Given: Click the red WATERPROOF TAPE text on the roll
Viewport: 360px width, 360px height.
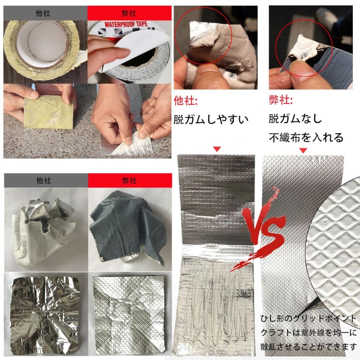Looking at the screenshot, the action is tap(126, 24).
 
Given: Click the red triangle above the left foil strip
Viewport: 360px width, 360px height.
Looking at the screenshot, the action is tap(217, 149).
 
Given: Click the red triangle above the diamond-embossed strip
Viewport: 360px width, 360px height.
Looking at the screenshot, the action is tap(303, 150).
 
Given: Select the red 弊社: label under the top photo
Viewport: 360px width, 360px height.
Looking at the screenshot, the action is tap(281, 100).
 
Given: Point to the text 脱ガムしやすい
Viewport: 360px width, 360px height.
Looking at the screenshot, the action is tap(211, 119).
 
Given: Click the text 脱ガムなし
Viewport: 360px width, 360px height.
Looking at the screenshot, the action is tap(295, 119).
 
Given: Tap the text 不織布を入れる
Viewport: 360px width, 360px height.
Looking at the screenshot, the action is tap(306, 138).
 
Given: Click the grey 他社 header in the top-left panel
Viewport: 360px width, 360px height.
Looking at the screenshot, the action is tap(45, 13).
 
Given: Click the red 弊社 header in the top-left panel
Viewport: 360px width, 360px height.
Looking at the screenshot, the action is tap(130, 13).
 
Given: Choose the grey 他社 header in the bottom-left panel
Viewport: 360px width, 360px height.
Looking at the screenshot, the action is tap(46, 181).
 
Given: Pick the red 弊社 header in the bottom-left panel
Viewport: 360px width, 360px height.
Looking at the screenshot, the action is tap(130, 181).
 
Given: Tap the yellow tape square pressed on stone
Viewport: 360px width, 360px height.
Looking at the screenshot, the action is tap(49, 112).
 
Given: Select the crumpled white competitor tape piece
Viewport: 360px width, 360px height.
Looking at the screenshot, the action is tap(44, 232).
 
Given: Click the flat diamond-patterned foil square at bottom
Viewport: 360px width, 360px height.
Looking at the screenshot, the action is tap(128, 313).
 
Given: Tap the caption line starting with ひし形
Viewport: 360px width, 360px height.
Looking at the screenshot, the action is tap(308, 319).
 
